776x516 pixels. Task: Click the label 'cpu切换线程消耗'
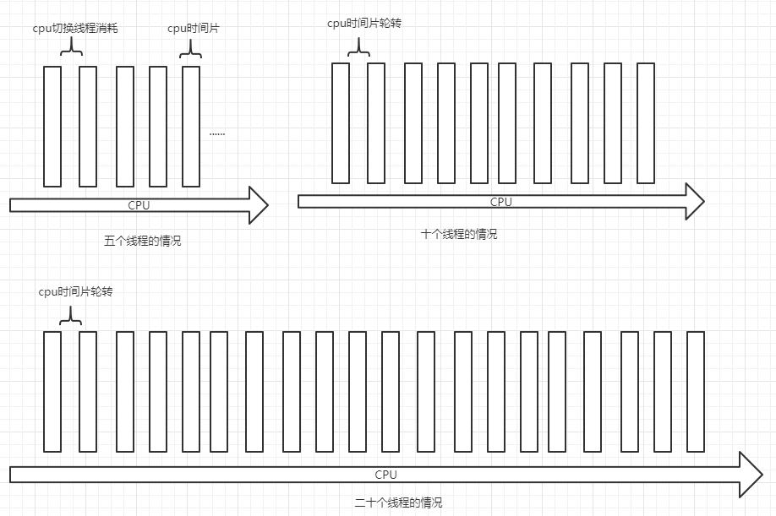pos(74,28)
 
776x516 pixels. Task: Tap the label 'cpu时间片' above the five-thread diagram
pos(194,28)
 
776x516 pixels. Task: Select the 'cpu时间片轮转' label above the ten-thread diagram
pos(364,23)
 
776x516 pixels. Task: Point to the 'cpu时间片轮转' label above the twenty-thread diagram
pos(75,291)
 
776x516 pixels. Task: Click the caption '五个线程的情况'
pos(142,241)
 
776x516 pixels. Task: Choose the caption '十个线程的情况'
pos(459,234)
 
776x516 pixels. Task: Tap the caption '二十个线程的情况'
pos(398,502)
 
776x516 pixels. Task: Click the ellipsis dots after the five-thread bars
pos(217,133)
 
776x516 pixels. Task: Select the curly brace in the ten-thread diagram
pos(359,50)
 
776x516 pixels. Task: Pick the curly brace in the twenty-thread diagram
pos(71,318)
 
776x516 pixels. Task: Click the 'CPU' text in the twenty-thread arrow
pos(386,475)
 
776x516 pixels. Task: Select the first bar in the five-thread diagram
pos(52,126)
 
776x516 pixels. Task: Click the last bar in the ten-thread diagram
pos(646,122)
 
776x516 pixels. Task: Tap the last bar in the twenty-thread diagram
pos(696,391)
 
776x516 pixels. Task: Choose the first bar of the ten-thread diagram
pos(341,122)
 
